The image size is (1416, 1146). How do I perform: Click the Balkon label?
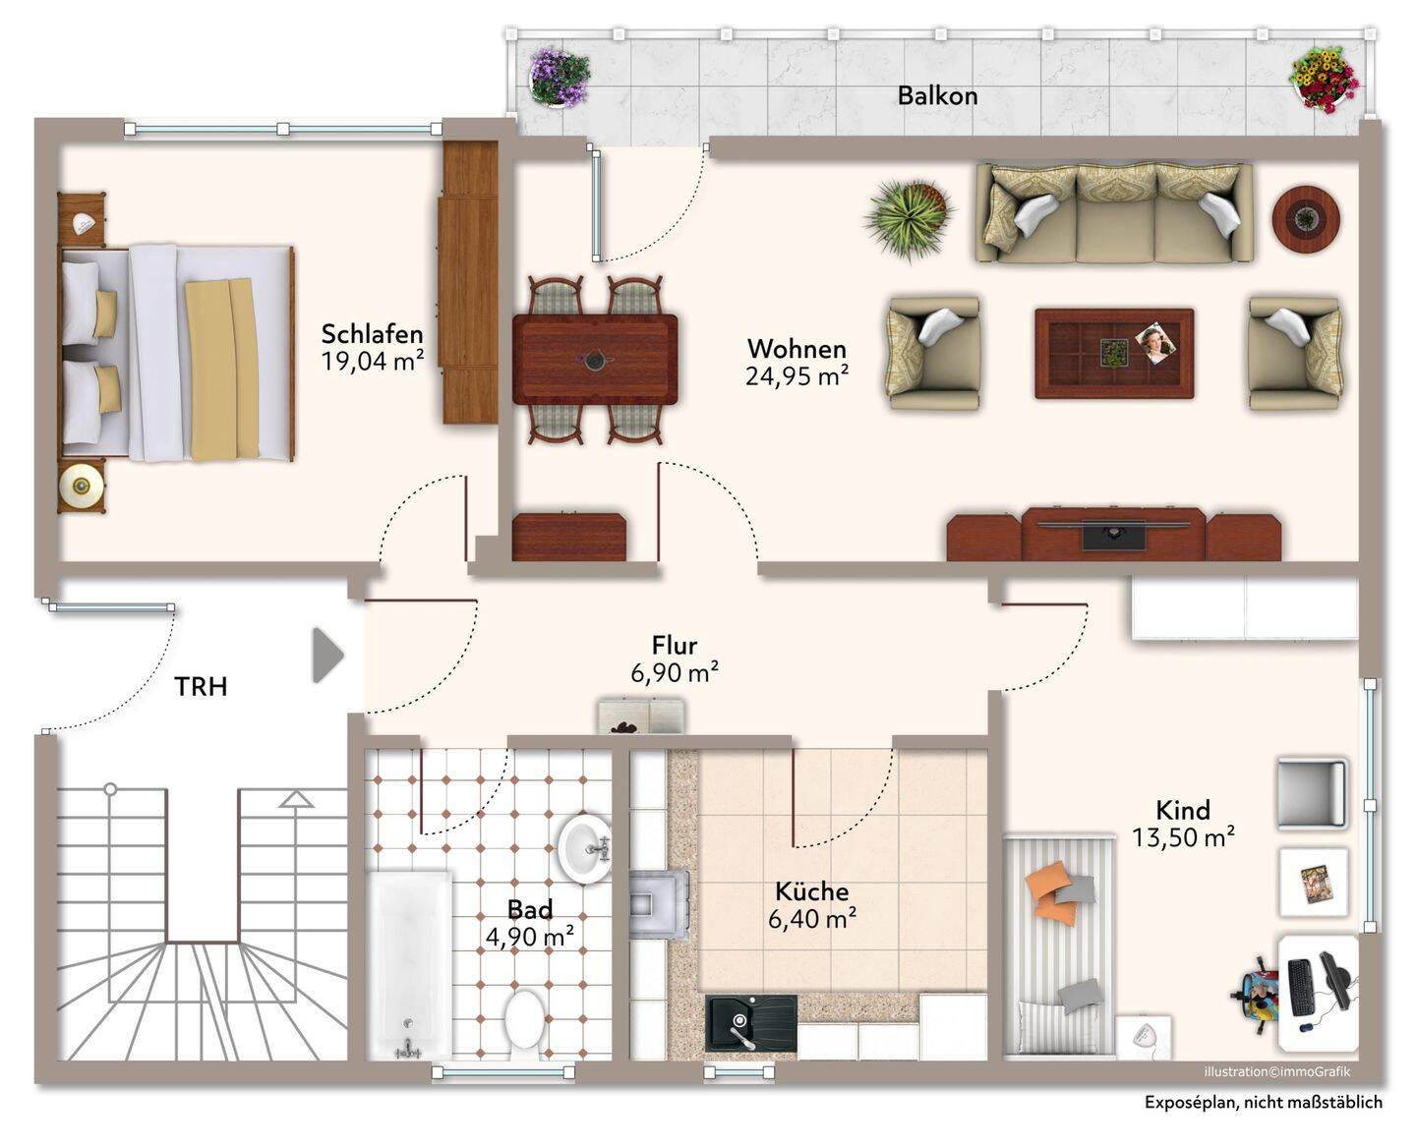tap(937, 96)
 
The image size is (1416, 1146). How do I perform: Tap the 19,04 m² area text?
tap(373, 362)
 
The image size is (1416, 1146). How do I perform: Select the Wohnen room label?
tap(797, 349)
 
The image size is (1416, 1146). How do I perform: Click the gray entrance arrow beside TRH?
tap(328, 655)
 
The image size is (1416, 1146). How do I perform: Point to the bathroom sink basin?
tap(584, 849)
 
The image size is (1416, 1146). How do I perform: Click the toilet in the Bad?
tap(525, 1026)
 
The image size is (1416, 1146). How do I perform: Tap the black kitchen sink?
tap(750, 1023)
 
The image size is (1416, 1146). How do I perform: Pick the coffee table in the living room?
tap(1114, 353)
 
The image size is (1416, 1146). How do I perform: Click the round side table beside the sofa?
tap(1306, 218)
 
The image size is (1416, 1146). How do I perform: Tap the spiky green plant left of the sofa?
tap(908, 218)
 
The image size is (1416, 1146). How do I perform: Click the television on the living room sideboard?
tap(1113, 534)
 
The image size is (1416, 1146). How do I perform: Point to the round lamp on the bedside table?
tap(82, 487)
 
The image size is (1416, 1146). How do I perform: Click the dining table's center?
tap(595, 360)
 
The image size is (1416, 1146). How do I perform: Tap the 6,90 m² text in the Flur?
tap(675, 673)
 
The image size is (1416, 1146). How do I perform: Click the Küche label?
tap(811, 891)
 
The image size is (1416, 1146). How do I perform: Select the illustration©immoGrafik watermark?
tap(1277, 1071)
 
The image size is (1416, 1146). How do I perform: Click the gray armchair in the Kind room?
tap(1312, 794)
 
